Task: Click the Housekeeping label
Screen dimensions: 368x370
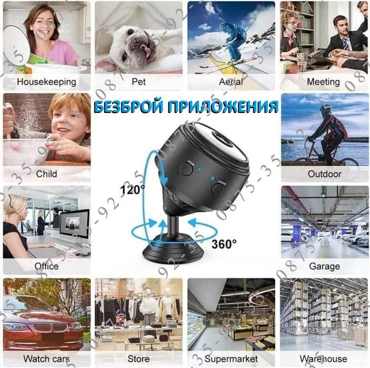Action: (46, 82)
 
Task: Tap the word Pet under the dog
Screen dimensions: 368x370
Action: (139, 82)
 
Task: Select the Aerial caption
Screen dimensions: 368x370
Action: (231, 82)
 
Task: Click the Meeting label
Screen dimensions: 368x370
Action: (323, 82)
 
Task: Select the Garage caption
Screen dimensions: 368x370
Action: (324, 266)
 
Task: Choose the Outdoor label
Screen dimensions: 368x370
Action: (324, 173)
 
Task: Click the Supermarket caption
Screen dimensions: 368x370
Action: (231, 359)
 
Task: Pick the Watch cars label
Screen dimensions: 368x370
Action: (46, 359)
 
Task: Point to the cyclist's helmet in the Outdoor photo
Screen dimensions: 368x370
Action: (325, 108)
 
